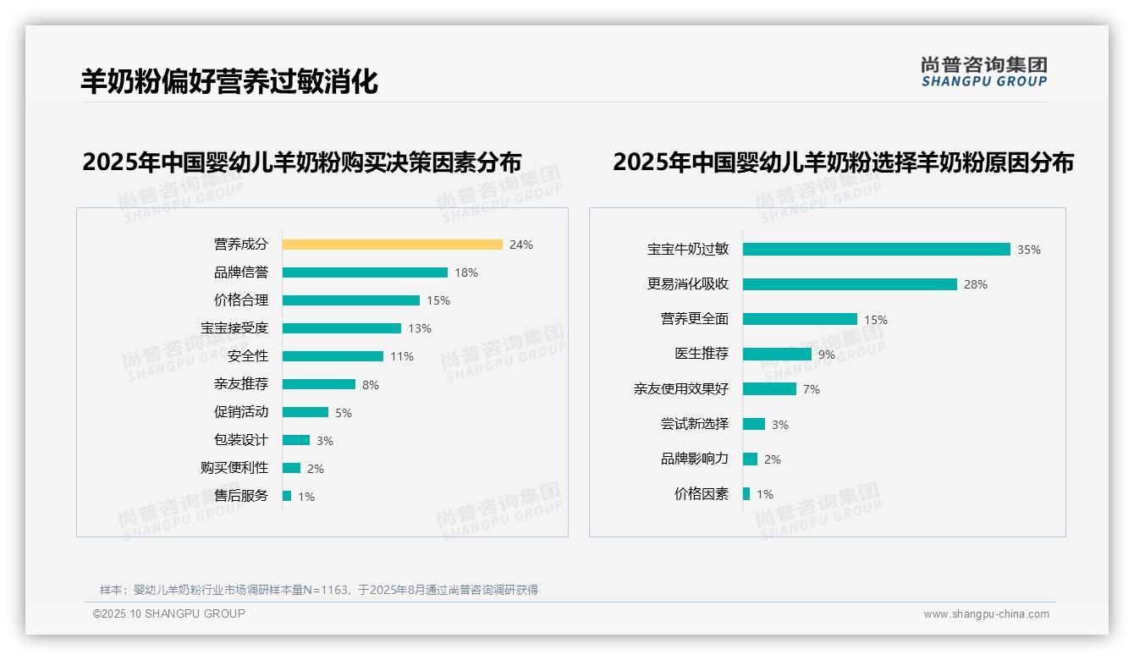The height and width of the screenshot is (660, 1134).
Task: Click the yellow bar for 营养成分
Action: [x=392, y=245]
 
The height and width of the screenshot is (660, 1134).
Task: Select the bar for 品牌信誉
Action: [x=365, y=272]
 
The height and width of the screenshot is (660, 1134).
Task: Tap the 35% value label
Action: [x=1029, y=250]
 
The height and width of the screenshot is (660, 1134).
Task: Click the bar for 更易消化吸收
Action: [x=850, y=284]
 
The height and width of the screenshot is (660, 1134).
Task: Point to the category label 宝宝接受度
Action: [x=234, y=328]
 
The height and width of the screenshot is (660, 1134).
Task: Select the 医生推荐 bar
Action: [x=777, y=355]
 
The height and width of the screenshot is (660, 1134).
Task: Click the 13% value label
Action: [x=420, y=328]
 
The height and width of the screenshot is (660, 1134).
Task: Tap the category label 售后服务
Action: [x=241, y=496]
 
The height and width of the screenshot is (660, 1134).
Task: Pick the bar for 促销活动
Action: [x=305, y=412]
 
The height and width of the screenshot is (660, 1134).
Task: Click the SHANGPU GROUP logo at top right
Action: [x=984, y=72]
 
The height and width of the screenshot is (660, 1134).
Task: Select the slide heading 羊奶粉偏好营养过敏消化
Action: [x=229, y=81]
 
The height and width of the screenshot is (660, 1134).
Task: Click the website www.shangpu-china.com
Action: [x=986, y=614]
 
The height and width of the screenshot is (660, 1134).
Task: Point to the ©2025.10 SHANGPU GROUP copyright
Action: [x=169, y=613]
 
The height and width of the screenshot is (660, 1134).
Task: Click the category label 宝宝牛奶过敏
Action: [x=688, y=250]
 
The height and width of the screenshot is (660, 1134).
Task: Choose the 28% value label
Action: [x=976, y=284]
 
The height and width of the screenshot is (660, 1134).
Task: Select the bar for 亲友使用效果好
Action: [x=769, y=389]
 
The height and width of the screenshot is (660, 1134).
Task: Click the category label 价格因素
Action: [x=702, y=494]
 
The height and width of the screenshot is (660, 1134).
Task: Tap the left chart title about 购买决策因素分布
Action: [x=302, y=162]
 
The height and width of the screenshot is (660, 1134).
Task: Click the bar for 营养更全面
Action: [x=800, y=319]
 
